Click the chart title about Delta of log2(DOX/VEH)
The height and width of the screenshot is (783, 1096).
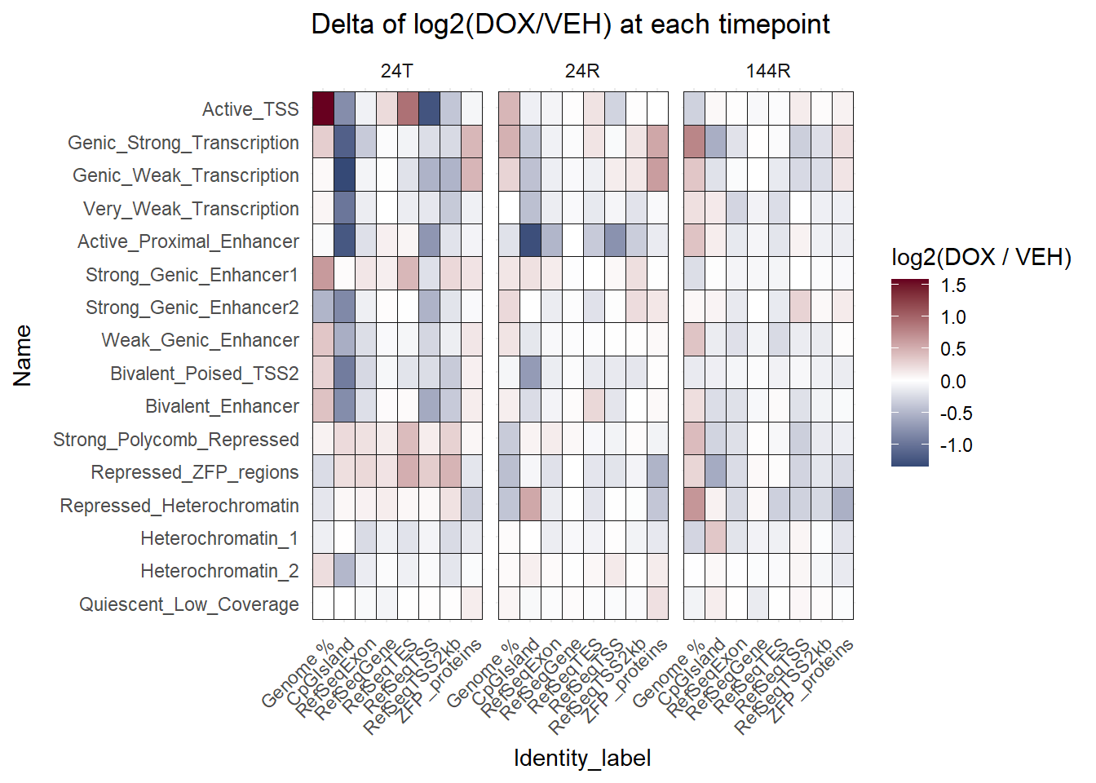point(570,24)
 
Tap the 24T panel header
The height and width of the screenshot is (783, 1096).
point(396,71)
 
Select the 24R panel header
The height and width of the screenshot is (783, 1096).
point(582,71)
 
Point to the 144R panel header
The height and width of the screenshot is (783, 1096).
point(768,71)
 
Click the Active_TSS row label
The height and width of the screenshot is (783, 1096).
point(250,109)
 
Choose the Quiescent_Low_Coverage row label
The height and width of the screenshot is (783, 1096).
point(189,604)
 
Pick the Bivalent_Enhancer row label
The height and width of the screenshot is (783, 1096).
point(222,406)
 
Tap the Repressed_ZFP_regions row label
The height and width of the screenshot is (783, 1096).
point(195,472)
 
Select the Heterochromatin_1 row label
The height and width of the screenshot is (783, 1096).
point(219,538)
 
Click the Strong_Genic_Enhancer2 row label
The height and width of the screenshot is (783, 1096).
point(192,307)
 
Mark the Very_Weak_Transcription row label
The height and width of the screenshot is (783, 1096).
point(191,209)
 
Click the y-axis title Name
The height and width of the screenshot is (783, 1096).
point(23,356)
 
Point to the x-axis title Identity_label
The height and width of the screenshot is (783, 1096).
point(582,759)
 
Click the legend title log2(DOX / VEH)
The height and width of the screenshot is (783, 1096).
point(981,258)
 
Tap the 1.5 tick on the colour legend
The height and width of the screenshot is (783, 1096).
point(952,285)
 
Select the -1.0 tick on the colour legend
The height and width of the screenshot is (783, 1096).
point(956,445)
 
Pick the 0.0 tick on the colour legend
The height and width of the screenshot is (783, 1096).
point(952,382)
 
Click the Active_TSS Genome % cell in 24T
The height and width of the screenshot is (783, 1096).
point(323,108)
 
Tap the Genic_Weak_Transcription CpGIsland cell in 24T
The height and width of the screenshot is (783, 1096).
point(344,175)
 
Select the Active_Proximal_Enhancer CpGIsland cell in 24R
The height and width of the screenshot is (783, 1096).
point(530,241)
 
